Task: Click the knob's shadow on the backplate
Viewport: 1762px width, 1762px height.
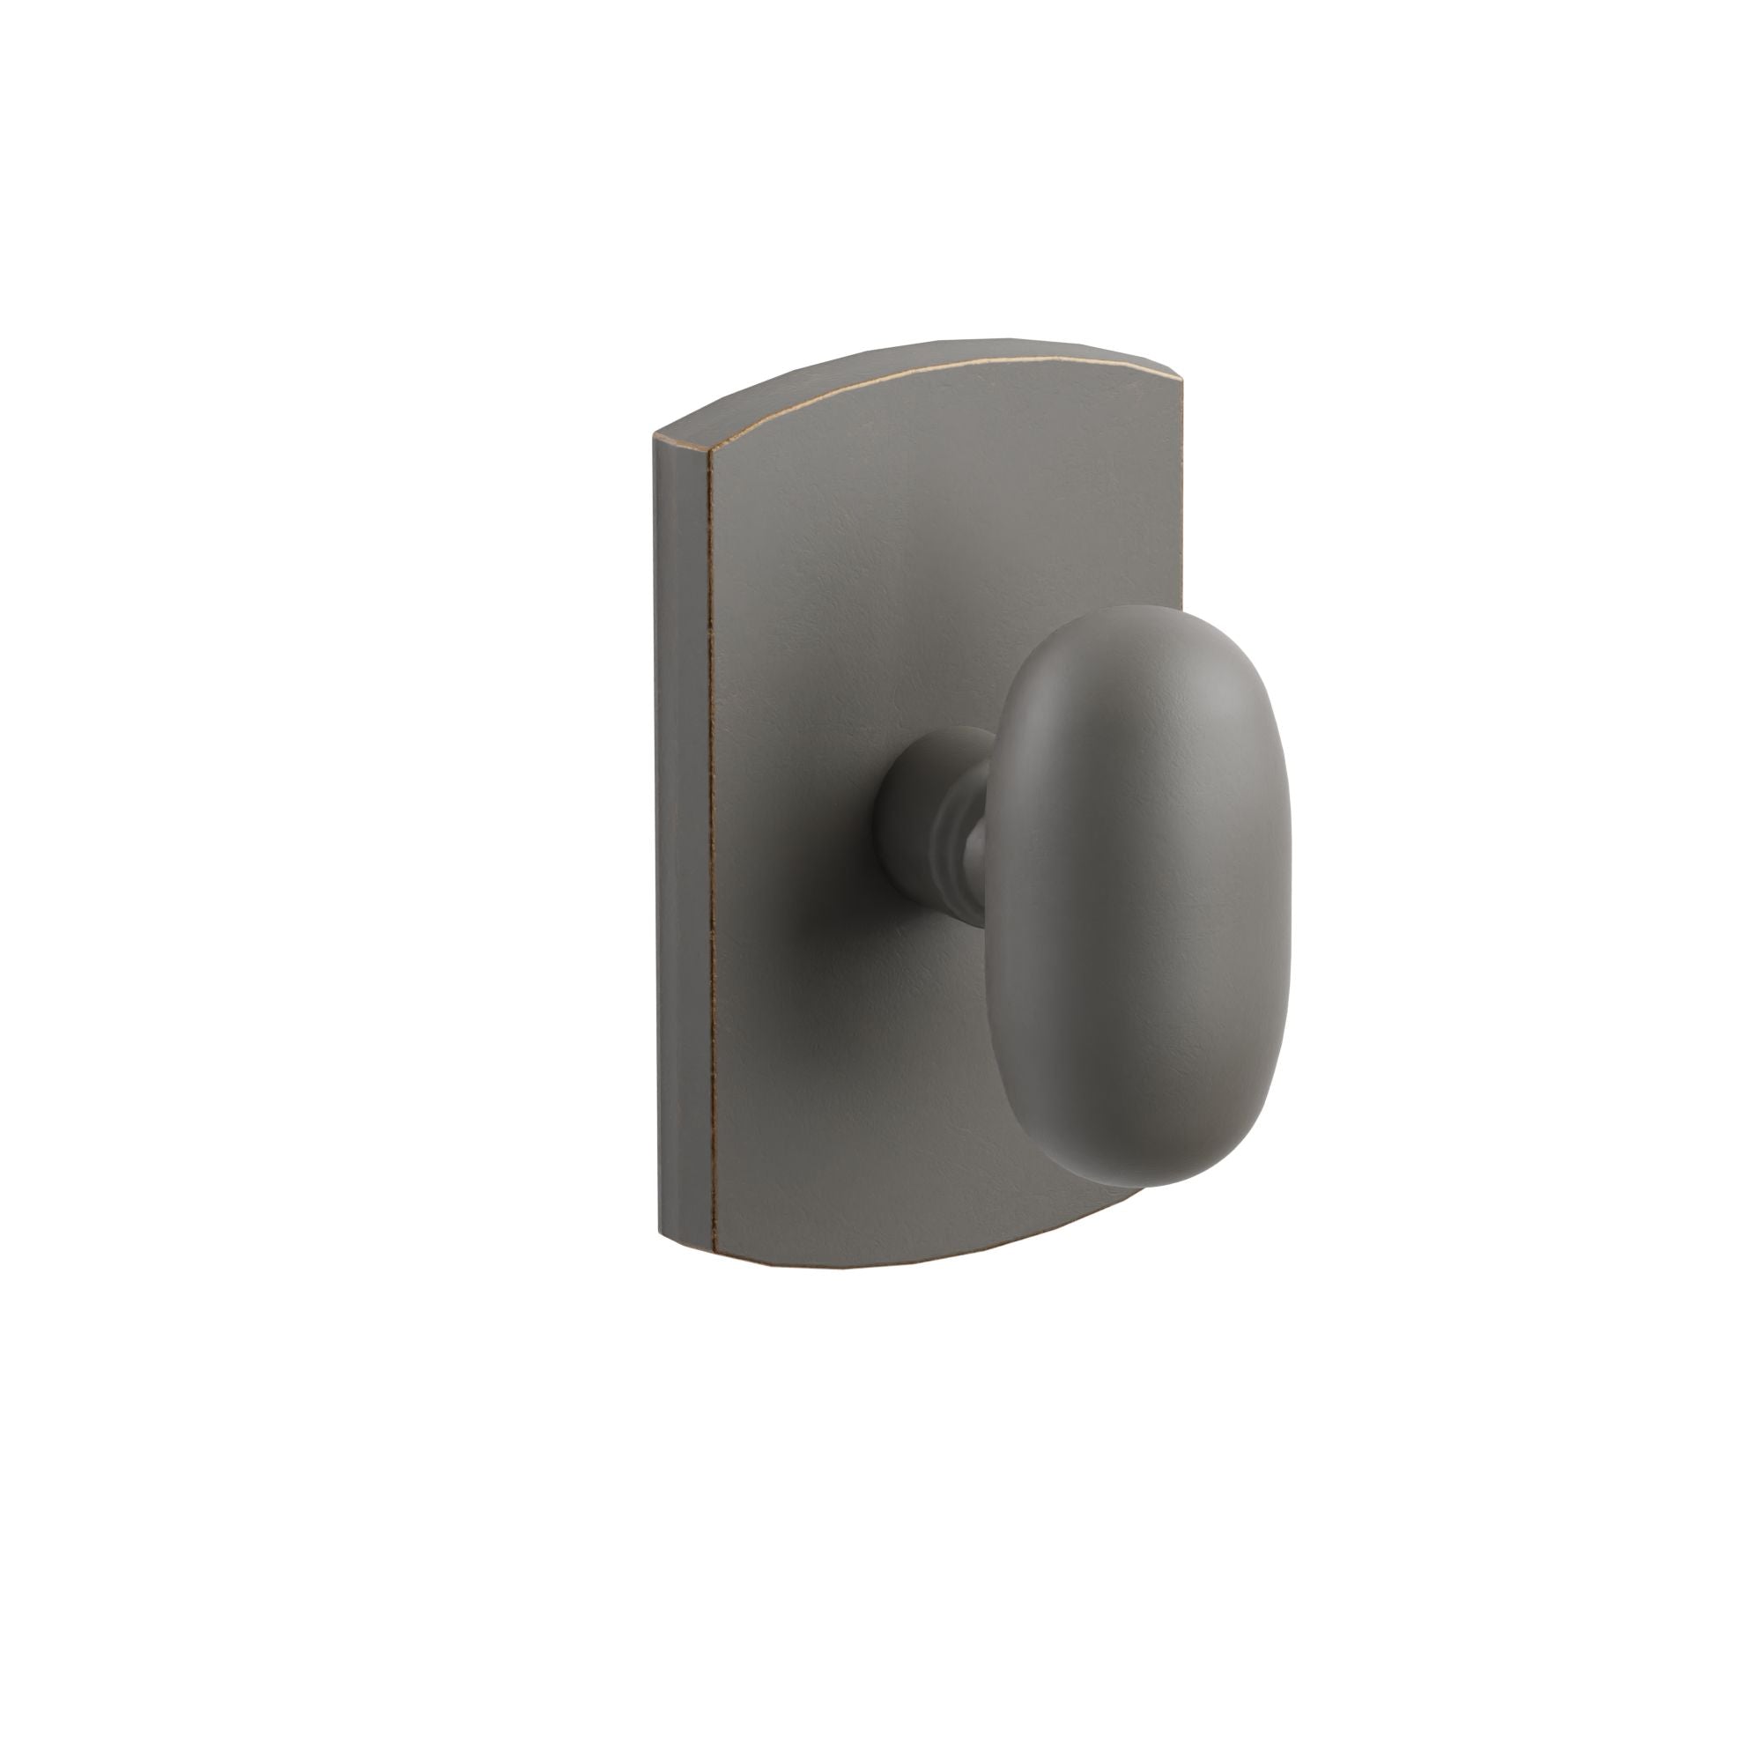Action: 821,912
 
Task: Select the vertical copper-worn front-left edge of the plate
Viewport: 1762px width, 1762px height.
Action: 708,848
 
